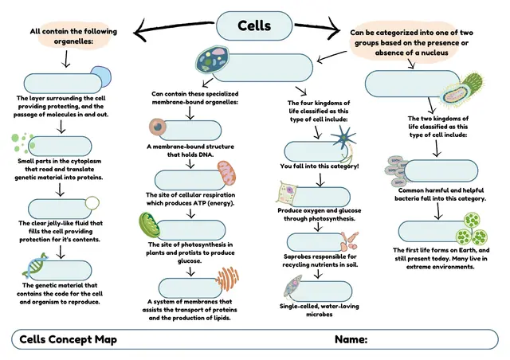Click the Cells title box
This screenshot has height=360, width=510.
254,25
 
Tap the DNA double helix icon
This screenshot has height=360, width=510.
35,266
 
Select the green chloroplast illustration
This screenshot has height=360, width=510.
149,225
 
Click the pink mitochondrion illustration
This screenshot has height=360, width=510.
226,174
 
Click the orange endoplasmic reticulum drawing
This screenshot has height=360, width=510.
227,279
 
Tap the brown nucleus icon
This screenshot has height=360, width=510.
158,127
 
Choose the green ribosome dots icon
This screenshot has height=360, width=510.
23,143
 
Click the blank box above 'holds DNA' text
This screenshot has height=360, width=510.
190,131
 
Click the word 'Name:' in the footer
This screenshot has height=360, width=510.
351,339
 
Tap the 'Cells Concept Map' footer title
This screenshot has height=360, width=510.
68,339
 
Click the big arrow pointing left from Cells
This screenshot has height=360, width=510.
174,28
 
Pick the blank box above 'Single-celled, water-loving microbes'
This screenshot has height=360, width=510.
320,292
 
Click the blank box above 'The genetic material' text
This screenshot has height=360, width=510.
61,271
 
